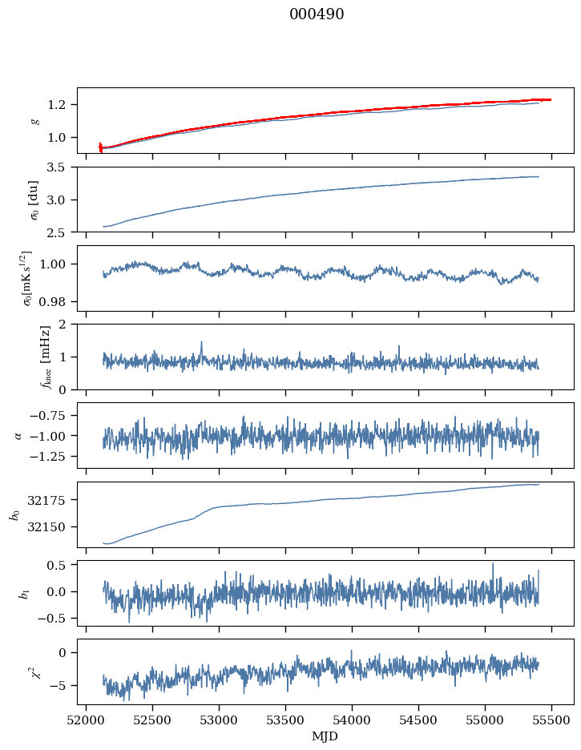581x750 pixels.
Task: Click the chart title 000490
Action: click(317, 14)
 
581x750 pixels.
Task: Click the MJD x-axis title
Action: click(325, 736)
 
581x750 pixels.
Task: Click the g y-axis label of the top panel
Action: click(34, 120)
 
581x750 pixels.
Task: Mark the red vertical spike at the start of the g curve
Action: click(100, 147)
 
